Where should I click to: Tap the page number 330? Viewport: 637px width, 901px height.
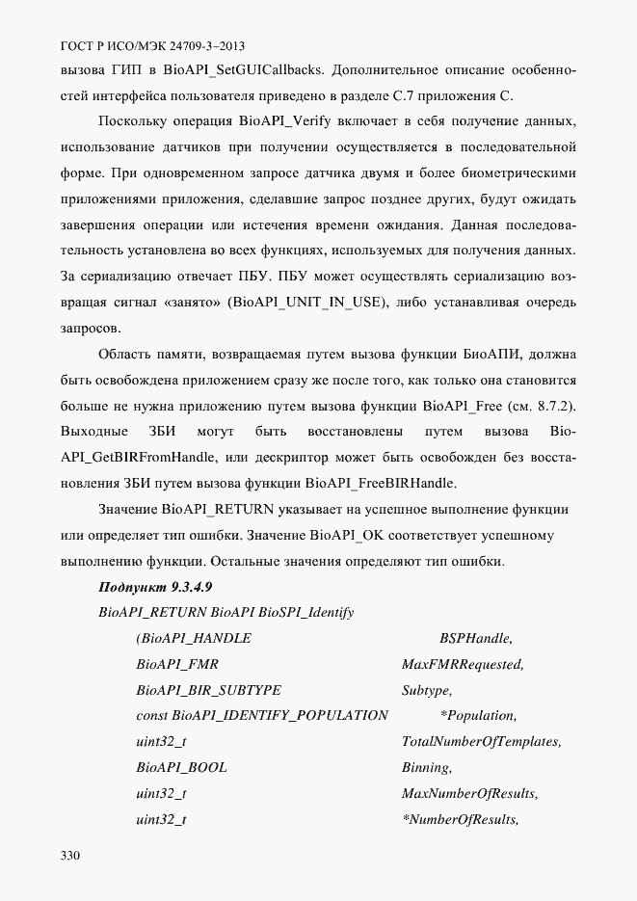(70, 856)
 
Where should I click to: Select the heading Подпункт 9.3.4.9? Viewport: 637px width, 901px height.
(155, 587)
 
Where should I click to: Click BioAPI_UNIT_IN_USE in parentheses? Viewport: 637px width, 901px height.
(305, 303)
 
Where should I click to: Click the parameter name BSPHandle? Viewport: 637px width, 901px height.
(475, 638)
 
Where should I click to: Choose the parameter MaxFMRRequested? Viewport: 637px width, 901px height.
(462, 664)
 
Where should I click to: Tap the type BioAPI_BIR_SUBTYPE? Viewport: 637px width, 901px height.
(209, 690)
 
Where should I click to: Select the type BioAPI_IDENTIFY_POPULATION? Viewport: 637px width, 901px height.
(279, 716)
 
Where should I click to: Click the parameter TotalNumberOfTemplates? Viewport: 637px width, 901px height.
(481, 742)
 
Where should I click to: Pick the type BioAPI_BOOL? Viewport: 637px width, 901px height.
(182, 768)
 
